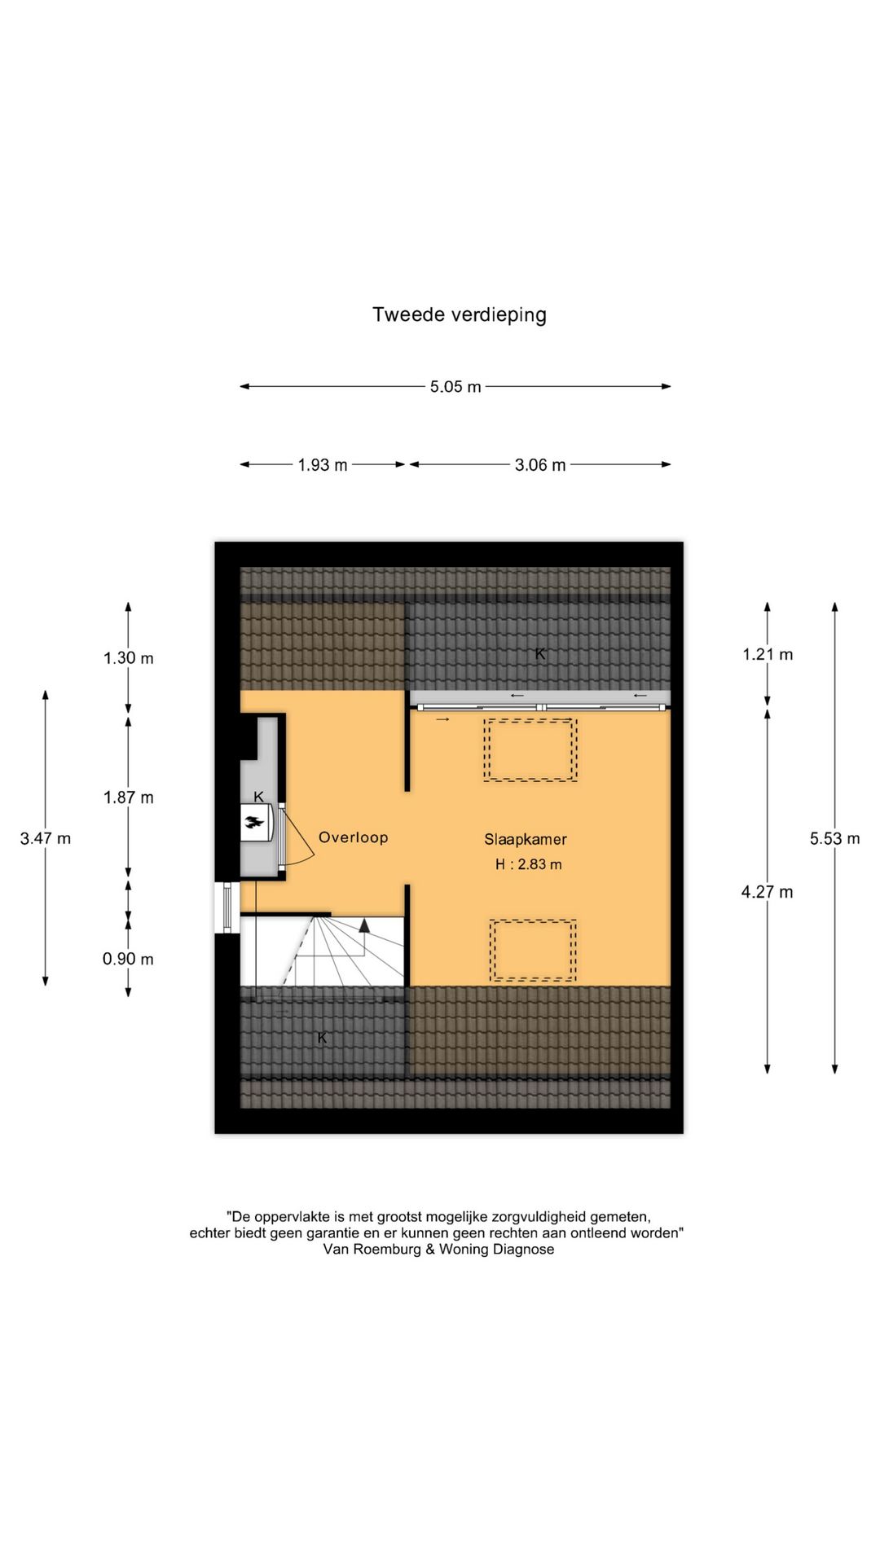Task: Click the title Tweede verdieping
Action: coord(459,314)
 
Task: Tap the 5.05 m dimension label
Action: coord(455,387)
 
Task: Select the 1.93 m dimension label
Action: coord(322,465)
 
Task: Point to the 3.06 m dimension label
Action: coord(539,465)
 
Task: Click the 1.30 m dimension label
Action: coord(128,658)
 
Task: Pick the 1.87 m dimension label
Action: coord(128,797)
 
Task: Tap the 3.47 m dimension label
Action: coord(46,838)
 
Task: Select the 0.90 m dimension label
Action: coord(128,959)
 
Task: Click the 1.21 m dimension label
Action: coord(767,654)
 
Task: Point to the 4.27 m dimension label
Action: coord(766,892)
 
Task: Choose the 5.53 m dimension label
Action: coord(834,838)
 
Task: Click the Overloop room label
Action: coord(353,837)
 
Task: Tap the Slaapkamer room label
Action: coord(525,839)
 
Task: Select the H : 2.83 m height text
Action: coord(528,864)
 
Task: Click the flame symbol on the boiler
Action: coord(257,823)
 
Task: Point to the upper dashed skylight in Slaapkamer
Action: coord(530,749)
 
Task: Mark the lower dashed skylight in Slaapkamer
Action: coord(533,950)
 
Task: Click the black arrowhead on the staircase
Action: coord(364,925)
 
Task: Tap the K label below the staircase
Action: coord(322,1037)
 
